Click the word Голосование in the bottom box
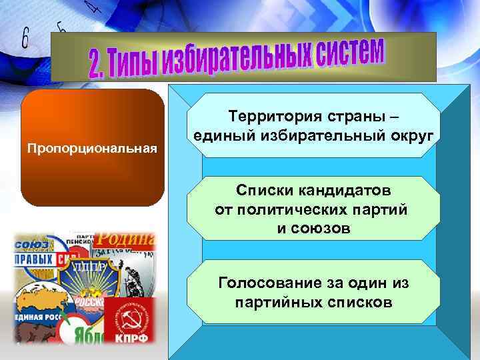coord(270,283)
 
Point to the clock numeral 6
coord(25,38)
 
